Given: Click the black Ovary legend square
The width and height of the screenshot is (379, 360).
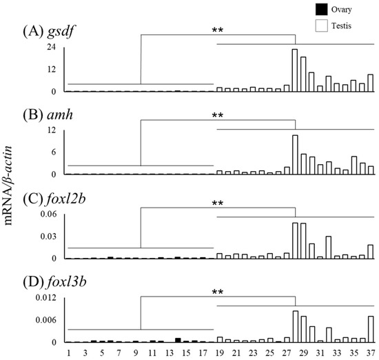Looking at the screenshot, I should pos(301,9).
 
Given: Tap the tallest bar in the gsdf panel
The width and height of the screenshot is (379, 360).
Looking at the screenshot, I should pos(295,70).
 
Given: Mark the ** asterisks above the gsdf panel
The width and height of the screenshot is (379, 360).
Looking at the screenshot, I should pos(218,30).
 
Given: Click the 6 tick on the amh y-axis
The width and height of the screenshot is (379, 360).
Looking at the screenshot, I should pos(52,152).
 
